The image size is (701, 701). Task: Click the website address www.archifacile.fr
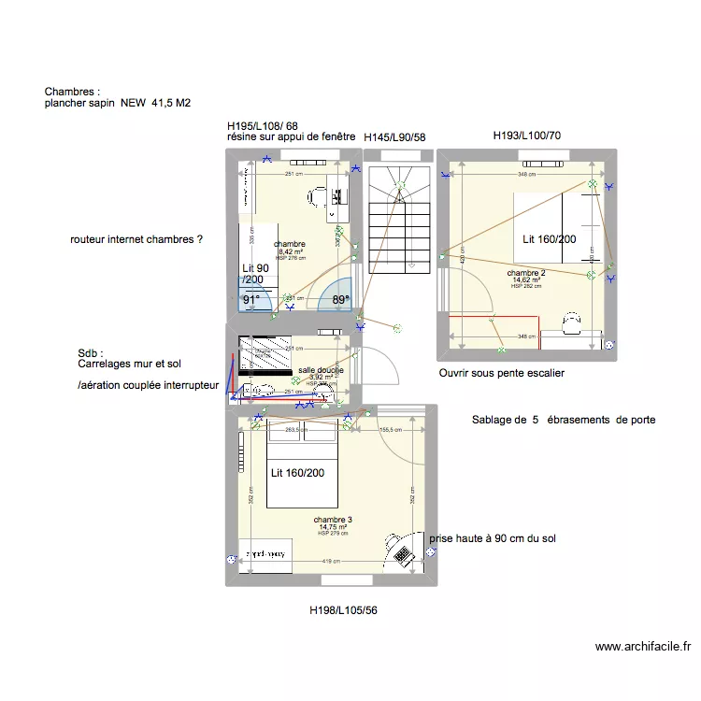tap(642, 646)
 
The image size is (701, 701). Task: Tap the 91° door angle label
tap(251, 301)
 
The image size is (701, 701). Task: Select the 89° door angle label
tap(339, 301)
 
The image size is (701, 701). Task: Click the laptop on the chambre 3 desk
tap(403, 554)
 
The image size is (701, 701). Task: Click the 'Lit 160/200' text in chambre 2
tap(550, 239)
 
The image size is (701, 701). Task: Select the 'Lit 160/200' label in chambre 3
tap(298, 473)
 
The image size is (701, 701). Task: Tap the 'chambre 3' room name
tap(333, 520)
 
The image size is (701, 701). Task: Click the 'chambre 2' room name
tap(526, 273)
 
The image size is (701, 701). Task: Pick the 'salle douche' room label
tap(321, 370)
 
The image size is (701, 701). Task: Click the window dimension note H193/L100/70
tap(526, 136)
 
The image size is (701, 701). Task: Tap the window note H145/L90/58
tap(394, 137)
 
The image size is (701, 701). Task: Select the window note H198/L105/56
tap(344, 610)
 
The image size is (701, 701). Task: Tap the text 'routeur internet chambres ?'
tap(136, 240)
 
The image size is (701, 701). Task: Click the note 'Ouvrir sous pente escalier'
tap(501, 373)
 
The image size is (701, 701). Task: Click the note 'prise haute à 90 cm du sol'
tap(493, 538)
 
